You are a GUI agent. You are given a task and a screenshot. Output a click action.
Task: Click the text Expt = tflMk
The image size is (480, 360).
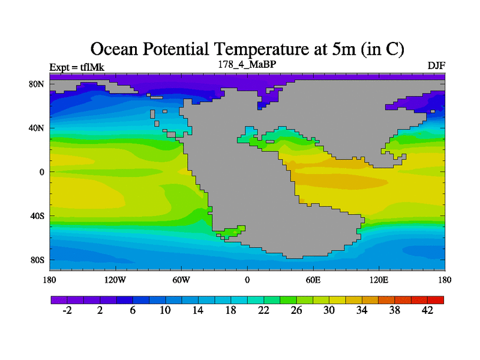[77, 67]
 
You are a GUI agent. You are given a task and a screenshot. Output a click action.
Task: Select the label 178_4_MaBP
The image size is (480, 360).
[247, 64]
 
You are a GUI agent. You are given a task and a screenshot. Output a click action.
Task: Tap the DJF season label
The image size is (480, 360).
[436, 65]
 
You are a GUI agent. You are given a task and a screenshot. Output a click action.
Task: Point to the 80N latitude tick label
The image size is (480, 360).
[37, 84]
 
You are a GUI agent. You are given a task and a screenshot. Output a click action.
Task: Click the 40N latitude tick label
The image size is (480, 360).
[37, 128]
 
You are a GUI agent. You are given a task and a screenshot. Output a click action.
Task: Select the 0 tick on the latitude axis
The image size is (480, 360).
[42, 172]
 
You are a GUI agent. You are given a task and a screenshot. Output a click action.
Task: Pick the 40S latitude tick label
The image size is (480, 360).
[37, 216]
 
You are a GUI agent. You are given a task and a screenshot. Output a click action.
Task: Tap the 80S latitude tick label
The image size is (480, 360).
[37, 260]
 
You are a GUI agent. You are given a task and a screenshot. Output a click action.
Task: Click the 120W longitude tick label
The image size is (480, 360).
[115, 280]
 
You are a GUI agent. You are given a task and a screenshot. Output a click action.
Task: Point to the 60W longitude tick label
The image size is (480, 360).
[181, 280]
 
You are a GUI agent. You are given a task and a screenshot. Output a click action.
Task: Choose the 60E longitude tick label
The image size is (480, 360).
[313, 280]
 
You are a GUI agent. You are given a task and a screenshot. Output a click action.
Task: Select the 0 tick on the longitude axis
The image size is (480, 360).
[247, 280]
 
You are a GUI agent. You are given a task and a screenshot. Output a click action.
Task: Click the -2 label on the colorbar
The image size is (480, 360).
[67, 310]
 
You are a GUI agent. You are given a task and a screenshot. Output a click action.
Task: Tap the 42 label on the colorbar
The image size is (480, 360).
[427, 310]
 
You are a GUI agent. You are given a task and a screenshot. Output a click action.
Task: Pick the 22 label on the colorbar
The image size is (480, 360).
[264, 310]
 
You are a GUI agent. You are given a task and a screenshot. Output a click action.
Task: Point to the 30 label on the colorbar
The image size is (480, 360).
[329, 310]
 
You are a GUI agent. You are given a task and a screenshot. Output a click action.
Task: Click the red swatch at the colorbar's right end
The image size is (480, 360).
[436, 299]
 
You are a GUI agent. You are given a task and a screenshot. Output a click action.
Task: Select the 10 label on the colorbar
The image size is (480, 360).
[166, 310]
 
